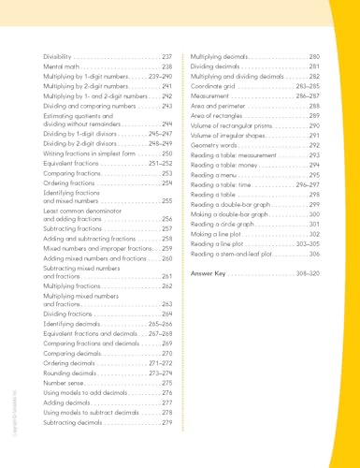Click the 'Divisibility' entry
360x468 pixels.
[x=59, y=58]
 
